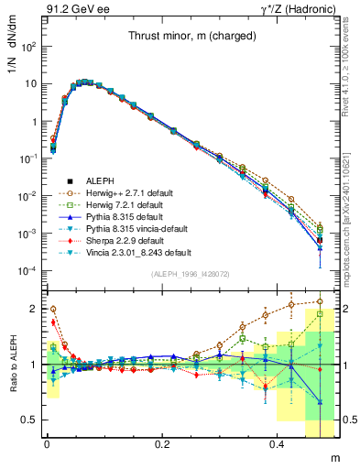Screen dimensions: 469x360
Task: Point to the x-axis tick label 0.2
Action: click(163, 443)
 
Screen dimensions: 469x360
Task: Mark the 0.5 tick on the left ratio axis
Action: click(32, 420)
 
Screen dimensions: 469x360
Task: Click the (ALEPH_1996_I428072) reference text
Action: click(191, 274)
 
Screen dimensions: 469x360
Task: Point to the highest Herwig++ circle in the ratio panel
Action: click(319, 300)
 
